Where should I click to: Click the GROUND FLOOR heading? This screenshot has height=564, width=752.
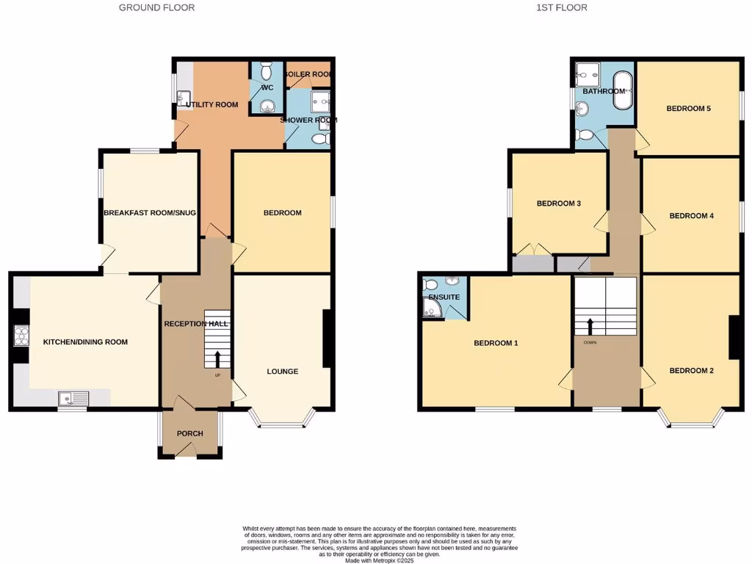click(156, 7)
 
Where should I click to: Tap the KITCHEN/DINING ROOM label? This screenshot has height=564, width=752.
click(85, 342)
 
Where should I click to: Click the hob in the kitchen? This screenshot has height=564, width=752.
click(20, 336)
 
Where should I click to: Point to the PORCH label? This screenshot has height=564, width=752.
click(189, 433)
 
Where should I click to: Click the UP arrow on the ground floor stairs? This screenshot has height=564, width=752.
click(217, 359)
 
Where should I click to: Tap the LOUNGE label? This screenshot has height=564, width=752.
click(282, 372)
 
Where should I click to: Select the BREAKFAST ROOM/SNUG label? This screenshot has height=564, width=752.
click(150, 213)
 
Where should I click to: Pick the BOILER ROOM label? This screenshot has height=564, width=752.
click(308, 74)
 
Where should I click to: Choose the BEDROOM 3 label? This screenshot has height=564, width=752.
click(559, 203)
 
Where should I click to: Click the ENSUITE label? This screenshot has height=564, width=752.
click(444, 297)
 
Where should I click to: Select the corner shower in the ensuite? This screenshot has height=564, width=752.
click(431, 311)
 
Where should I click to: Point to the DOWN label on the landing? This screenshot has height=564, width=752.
click(590, 342)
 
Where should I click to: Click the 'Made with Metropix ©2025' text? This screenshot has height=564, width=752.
click(380, 560)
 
